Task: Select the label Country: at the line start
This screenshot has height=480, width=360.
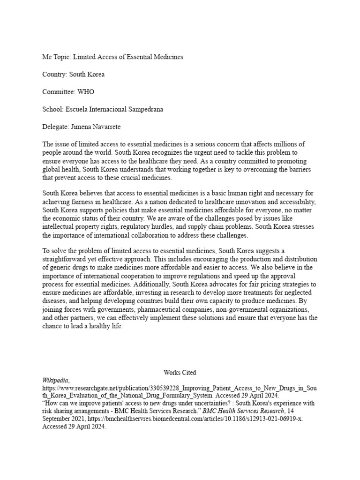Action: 55,75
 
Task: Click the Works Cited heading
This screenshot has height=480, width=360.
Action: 180,373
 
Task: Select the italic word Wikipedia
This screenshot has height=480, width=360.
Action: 55,381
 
